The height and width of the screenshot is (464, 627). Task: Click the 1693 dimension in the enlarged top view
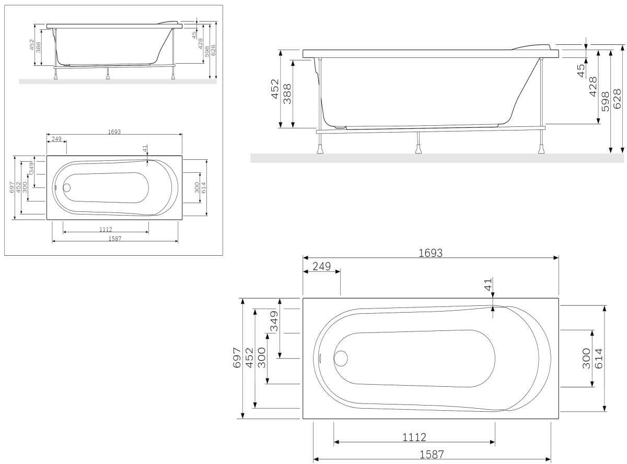pos(431,253)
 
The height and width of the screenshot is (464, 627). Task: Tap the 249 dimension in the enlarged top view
pos(321,266)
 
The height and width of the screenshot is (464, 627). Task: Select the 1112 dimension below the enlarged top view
pos(415,437)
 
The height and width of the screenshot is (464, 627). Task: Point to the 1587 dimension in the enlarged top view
pos(432,455)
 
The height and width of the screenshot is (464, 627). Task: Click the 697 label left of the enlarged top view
pos(237,358)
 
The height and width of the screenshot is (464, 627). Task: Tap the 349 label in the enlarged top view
pos(273,328)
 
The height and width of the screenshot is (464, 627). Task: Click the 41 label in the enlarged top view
pos(488,285)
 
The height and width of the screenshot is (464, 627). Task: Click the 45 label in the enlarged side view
pos(581,70)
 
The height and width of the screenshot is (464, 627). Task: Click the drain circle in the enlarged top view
pos(341,359)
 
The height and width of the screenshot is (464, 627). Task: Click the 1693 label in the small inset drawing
pos(114,132)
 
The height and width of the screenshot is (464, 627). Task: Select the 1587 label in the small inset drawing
pos(114,238)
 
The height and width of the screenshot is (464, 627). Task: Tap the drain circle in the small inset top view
pos(67,187)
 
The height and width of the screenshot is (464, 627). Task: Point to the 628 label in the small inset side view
pos(213,50)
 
